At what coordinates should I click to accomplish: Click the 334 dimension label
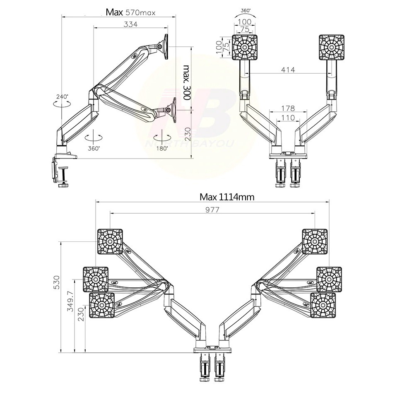(x=130, y=24)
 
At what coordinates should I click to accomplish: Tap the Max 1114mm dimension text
(x=227, y=197)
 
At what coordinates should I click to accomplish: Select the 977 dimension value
(x=212, y=210)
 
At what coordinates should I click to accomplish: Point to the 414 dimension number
(x=288, y=70)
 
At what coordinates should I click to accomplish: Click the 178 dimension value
(x=288, y=108)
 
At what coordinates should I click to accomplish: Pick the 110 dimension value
(x=288, y=118)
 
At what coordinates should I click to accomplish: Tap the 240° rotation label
(x=62, y=96)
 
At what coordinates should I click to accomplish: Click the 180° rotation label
(x=162, y=148)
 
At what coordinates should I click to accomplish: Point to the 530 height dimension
(x=57, y=282)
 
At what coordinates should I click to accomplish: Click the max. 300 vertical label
(x=186, y=83)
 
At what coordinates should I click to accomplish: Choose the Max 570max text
(x=130, y=12)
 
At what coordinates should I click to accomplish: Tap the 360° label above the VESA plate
(x=246, y=11)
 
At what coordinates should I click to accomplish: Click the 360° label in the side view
(x=94, y=148)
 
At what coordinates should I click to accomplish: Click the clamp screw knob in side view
(x=64, y=185)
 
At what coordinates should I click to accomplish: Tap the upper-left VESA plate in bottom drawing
(x=110, y=241)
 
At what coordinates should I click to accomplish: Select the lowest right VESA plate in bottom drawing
(x=323, y=305)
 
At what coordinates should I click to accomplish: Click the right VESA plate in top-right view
(x=331, y=47)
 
